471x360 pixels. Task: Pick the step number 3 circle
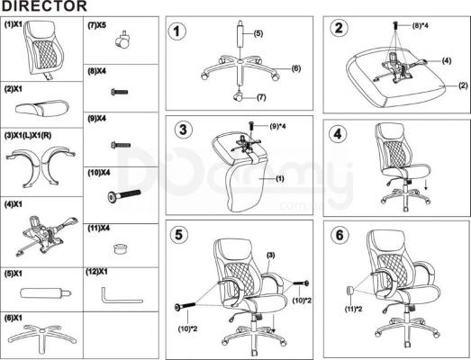183,129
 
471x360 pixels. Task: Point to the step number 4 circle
338,134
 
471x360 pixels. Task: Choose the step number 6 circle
340,235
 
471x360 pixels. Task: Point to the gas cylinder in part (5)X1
43,292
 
